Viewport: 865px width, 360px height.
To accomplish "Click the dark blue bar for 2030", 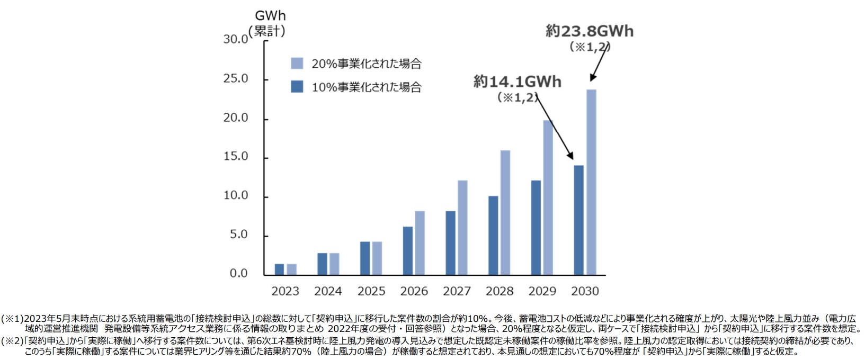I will (578, 220).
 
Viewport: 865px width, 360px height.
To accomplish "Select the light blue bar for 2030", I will (591, 182).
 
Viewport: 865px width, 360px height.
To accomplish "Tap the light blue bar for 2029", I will (548, 197).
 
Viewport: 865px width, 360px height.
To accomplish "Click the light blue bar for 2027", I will (462, 228).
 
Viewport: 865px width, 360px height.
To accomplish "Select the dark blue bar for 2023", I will (279, 269).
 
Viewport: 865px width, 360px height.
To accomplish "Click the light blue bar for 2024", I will (334, 264).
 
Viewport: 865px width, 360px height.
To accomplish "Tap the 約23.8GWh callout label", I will (590, 31).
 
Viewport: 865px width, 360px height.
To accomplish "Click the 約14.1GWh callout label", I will (517, 82).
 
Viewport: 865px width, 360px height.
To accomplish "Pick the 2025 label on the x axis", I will (371, 291).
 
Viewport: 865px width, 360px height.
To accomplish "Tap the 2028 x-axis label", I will (500, 291).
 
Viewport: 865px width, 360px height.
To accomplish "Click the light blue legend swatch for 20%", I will (297, 64).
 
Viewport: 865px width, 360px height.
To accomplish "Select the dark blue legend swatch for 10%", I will (297, 86).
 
